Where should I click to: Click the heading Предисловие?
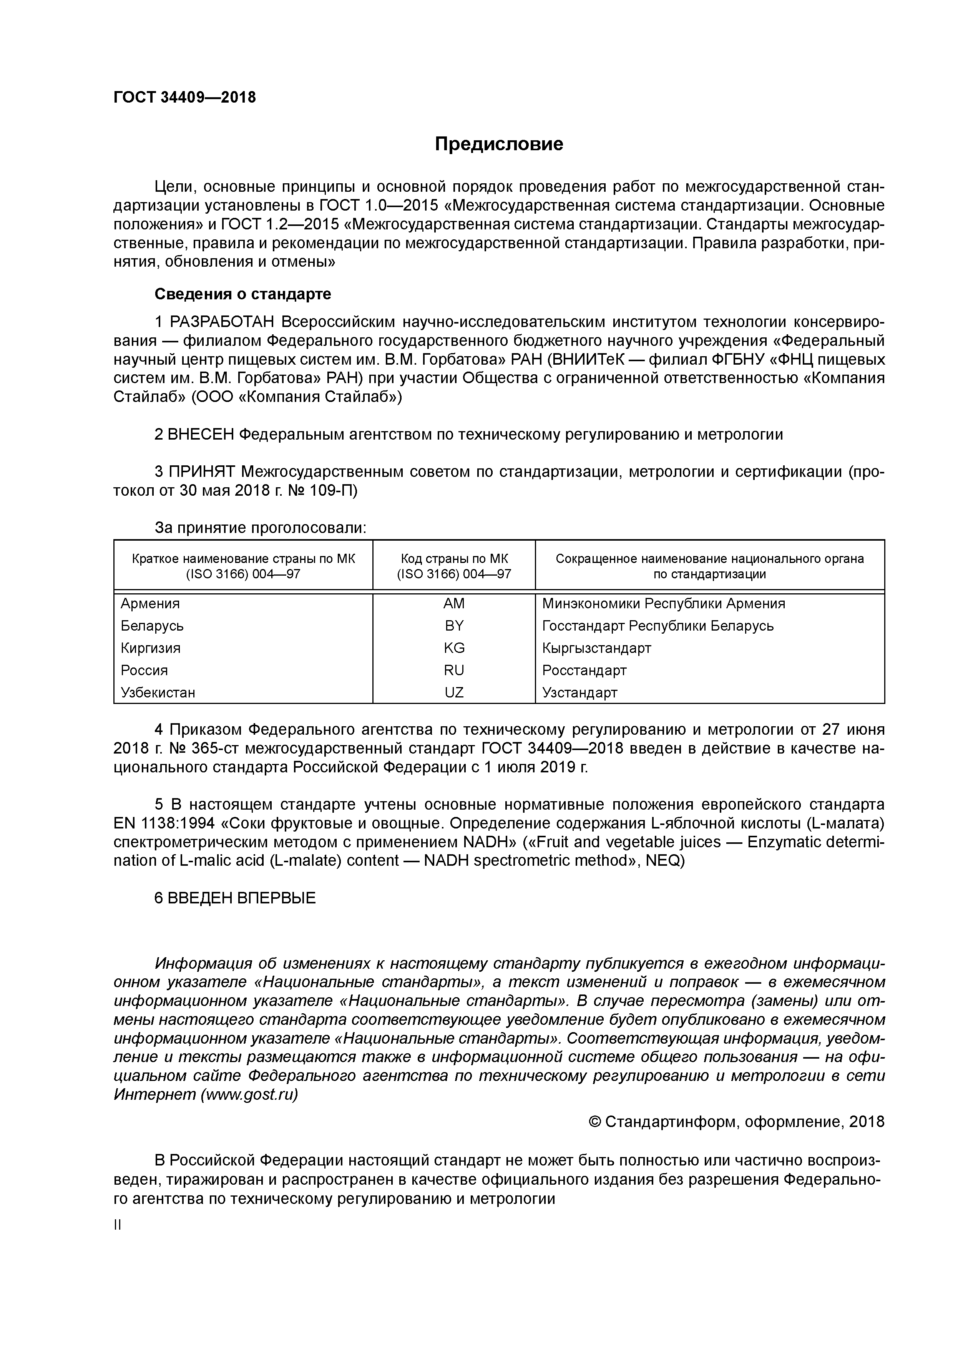click(x=498, y=144)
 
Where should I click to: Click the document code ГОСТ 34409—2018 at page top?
click(x=184, y=98)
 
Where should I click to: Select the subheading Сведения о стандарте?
click(x=242, y=294)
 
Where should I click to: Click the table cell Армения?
click(x=150, y=604)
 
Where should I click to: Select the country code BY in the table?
click(x=454, y=626)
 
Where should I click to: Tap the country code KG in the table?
click(x=454, y=648)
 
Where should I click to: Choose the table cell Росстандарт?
click(x=584, y=671)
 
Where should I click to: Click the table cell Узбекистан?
click(x=158, y=693)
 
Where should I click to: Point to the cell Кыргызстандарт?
click(x=596, y=648)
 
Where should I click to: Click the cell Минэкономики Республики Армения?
click(x=664, y=604)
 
